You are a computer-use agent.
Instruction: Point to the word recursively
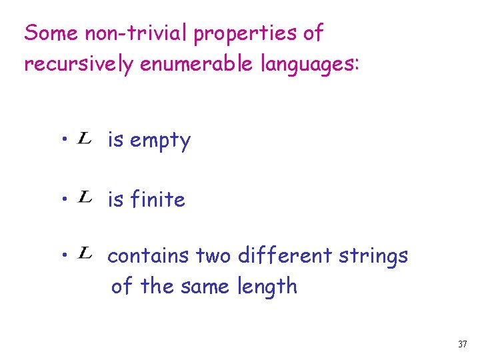78,64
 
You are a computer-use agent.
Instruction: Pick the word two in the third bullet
213,256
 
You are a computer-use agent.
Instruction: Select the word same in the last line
205,287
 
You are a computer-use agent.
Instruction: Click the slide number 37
462,345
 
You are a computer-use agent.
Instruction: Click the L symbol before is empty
85,139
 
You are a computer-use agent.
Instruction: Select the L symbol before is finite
85,197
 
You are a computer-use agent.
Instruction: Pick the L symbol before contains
85,253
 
